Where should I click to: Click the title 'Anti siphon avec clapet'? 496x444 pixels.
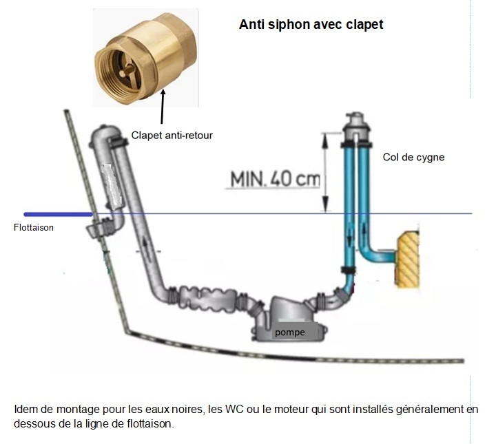(311, 25)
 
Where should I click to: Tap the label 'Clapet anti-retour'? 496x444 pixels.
(172, 136)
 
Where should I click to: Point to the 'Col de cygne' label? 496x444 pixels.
(413, 157)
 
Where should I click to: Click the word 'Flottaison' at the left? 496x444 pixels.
(34, 228)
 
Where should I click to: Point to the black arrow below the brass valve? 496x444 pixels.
(163, 109)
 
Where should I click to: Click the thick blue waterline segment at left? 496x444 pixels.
(58, 214)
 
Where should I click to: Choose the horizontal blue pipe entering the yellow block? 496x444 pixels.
(382, 258)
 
